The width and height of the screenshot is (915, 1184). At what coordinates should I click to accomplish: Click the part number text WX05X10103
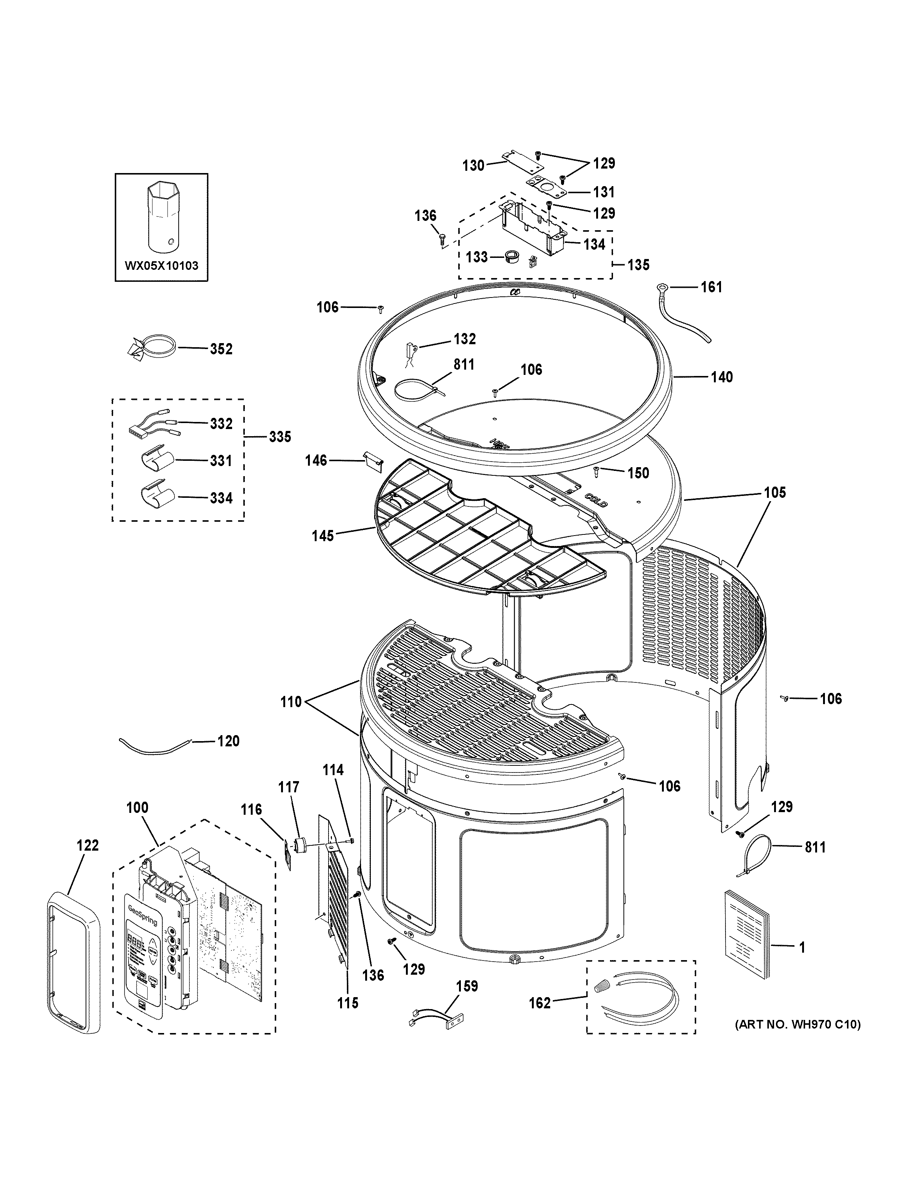[161, 266]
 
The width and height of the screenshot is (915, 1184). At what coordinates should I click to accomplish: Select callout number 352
[221, 349]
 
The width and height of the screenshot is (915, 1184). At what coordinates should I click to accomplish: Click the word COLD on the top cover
[596, 499]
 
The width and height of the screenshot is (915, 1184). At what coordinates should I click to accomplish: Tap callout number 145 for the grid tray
[323, 536]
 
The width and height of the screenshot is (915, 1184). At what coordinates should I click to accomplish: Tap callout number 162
[539, 1003]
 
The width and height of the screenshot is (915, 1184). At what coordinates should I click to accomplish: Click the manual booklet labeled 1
[746, 932]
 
